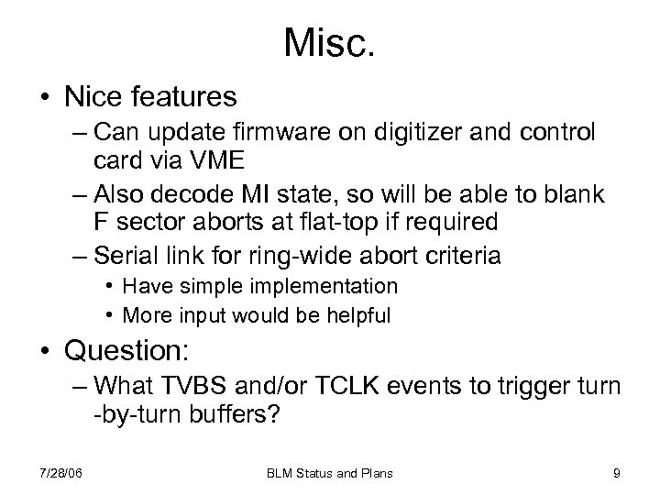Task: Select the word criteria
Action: click(460, 255)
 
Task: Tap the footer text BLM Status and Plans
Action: click(331, 473)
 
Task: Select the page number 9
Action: click(617, 473)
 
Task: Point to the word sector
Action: click(145, 222)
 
